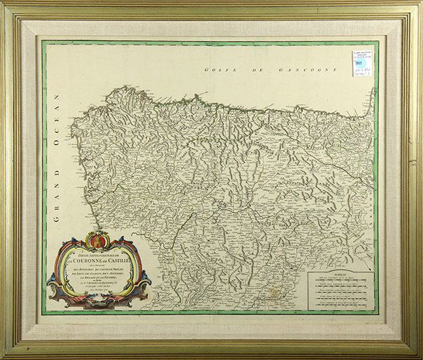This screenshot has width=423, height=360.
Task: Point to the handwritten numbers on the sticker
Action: click(362, 73)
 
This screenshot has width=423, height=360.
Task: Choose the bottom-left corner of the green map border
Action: click(44, 312)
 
